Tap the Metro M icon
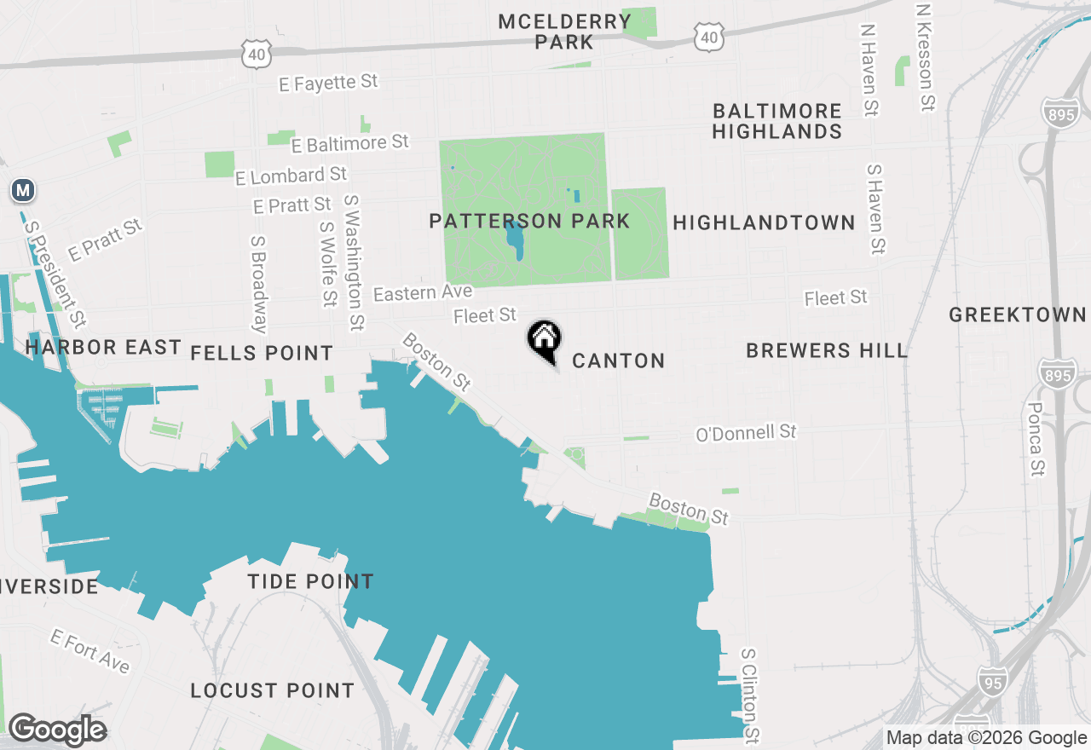point(23,190)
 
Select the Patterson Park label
point(529,222)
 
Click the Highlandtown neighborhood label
point(764,222)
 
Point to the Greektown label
point(1018,314)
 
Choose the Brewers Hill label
point(826,350)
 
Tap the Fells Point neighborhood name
point(262,353)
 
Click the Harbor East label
point(103,347)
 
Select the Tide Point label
point(310,582)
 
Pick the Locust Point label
point(272,690)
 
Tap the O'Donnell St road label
point(746,433)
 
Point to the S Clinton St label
point(749,694)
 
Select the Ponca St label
point(1036,439)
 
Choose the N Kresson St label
point(926,57)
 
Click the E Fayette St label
point(328,83)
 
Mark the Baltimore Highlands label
point(777,121)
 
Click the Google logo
point(57,730)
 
